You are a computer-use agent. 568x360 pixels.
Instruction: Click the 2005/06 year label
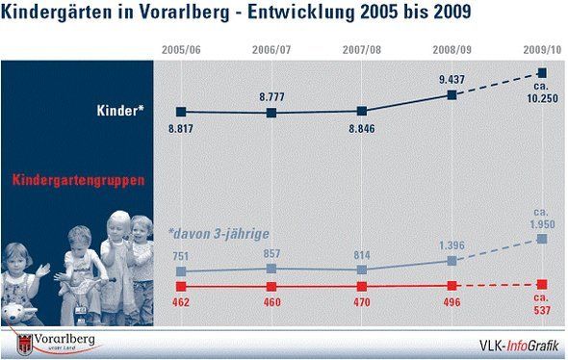181,50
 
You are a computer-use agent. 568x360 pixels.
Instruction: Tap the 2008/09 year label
452,50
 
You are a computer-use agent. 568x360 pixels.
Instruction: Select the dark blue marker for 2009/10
542,73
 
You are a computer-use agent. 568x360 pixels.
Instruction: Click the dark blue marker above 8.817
181,112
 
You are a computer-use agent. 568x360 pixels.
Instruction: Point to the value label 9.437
452,79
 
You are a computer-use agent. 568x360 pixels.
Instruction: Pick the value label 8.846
362,129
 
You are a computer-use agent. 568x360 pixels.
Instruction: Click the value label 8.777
271,97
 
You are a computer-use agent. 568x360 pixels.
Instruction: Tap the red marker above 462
181,287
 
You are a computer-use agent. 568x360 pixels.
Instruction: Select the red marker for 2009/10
542,285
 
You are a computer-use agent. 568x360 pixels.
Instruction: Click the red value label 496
452,302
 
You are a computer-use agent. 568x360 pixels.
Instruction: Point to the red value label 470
362,302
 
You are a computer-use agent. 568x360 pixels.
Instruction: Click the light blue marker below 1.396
452,261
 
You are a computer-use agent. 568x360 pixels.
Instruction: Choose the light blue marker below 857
271,269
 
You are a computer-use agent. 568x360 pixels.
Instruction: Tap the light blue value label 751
181,256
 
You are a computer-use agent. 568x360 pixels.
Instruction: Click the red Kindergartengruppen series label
78,180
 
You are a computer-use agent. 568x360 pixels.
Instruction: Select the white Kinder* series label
120,111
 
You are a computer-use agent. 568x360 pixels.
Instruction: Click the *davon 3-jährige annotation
219,234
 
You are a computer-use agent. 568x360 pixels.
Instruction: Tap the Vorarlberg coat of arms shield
25,346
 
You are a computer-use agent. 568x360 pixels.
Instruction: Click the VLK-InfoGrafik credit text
519,346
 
